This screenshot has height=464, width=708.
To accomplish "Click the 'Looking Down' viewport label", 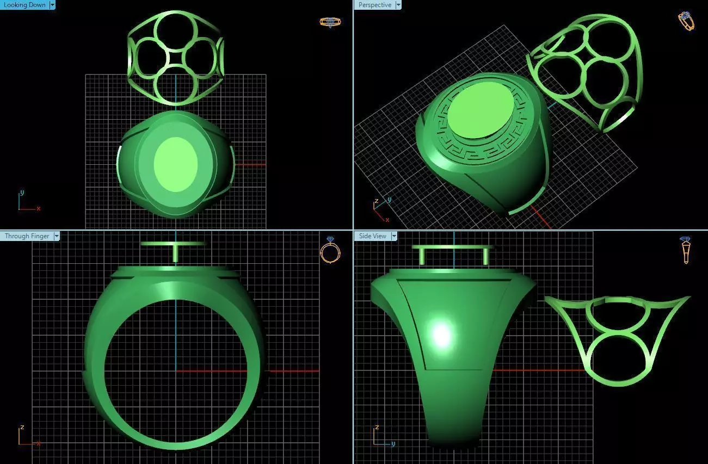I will (x=24, y=5).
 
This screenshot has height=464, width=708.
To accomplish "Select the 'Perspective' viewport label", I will (x=374, y=5).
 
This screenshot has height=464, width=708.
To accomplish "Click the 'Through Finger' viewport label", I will (x=27, y=236).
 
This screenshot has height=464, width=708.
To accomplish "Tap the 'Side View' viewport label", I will (x=372, y=236).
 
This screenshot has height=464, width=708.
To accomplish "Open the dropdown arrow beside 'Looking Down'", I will (x=52, y=5).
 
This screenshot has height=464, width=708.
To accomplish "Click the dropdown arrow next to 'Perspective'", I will (x=398, y=5).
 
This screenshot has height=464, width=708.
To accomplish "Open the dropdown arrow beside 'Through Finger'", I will (x=56, y=236).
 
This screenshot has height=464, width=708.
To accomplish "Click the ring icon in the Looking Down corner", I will (x=330, y=22).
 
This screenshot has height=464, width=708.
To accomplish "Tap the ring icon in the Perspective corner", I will (x=686, y=21).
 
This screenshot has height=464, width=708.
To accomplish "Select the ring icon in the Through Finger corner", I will (x=330, y=250).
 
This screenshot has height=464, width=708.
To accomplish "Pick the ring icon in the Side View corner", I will (x=686, y=250).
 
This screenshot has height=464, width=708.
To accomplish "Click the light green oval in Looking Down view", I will (x=176, y=164).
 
